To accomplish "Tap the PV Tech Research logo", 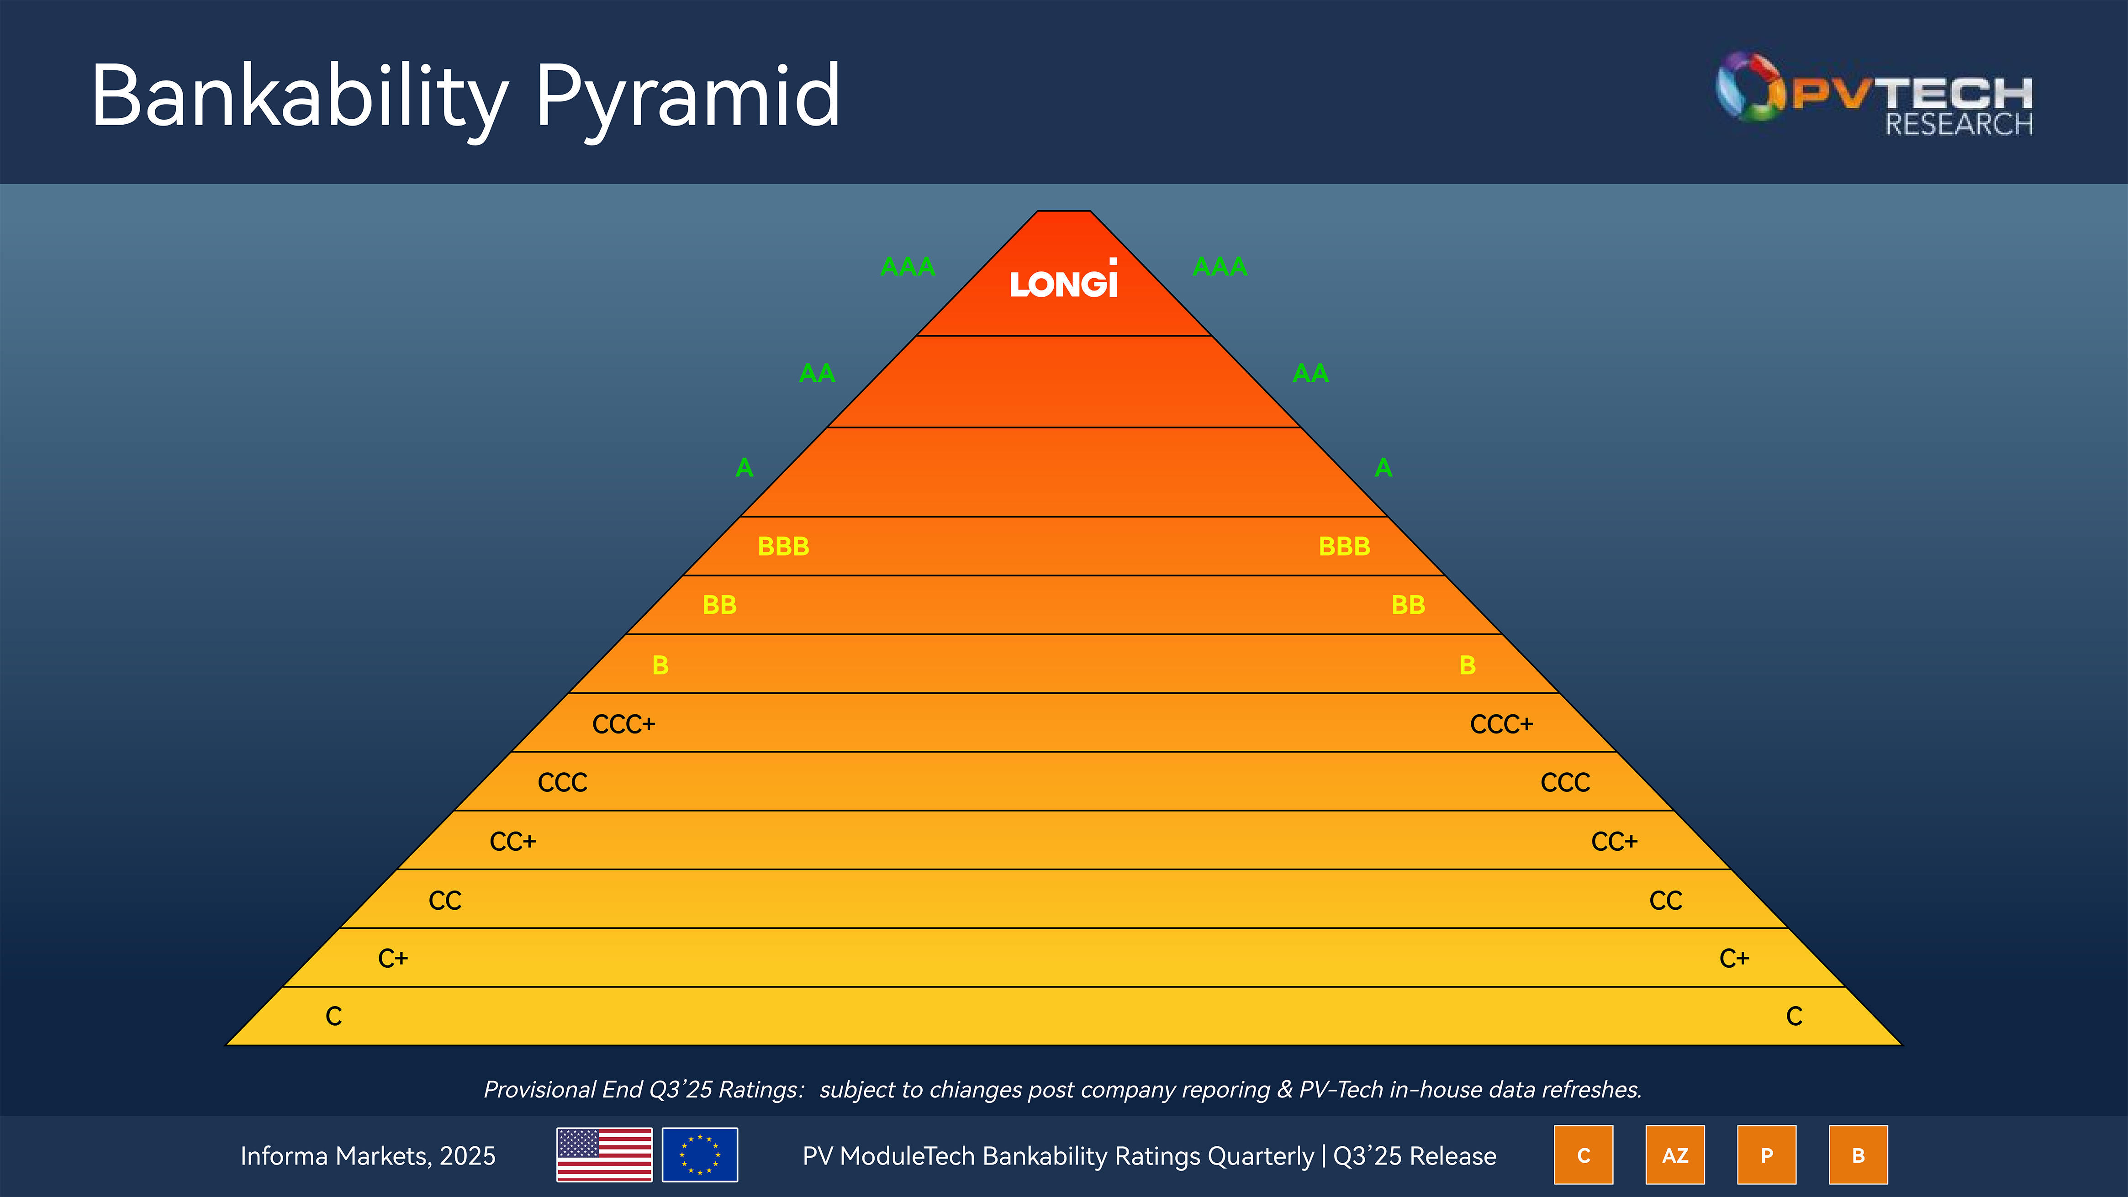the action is pos(1874,93).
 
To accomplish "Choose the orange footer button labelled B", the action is pos(1858,1155).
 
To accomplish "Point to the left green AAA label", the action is pos(908,267).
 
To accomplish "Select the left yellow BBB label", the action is pos(783,546).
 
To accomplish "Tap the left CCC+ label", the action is pos(624,724).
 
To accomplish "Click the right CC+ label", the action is pos(1614,842).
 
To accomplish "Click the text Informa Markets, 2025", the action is pos(368,1156).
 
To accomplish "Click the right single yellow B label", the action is pos(1467,665).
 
